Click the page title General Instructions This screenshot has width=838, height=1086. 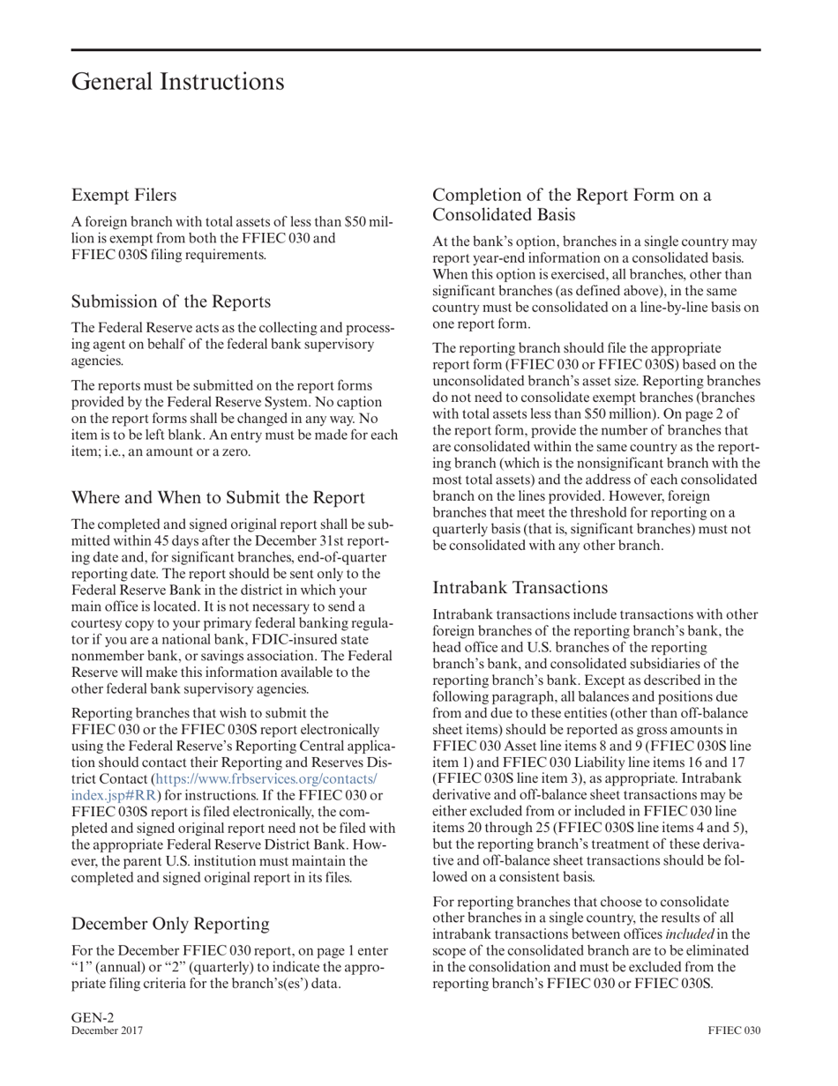coord(177,82)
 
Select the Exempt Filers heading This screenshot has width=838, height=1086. coord(123,195)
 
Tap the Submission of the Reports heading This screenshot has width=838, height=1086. coord(170,301)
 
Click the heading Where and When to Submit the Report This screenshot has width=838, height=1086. coord(218,497)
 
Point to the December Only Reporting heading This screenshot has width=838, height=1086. coord(170,923)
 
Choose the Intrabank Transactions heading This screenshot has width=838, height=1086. coord(520,588)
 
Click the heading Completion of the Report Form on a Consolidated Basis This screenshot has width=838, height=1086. coord(572,205)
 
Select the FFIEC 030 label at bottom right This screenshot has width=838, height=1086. coord(733,1030)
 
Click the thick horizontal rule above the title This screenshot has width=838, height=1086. coord(415,50)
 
